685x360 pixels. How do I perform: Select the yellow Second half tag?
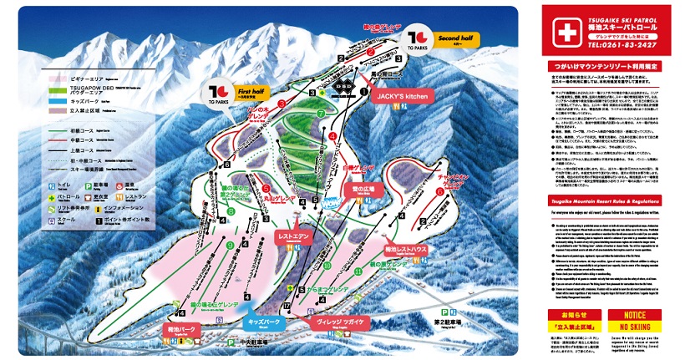click(x=455, y=38)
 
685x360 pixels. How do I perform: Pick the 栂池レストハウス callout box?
click(x=406, y=249)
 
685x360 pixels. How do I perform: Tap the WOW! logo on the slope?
click(x=328, y=199)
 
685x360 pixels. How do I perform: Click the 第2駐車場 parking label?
click(x=448, y=321)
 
